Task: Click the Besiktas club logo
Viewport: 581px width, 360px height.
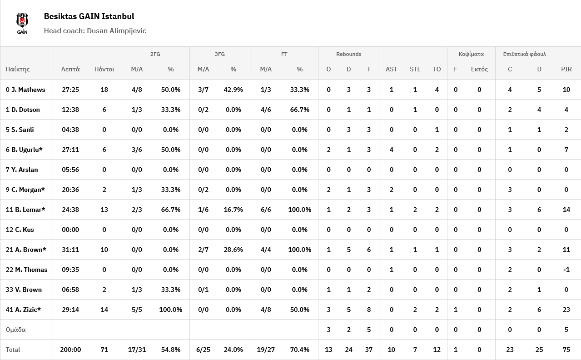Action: click(x=22, y=23)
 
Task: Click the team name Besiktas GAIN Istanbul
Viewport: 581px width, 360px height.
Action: click(x=89, y=16)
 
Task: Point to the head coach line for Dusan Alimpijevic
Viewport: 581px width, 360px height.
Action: click(x=95, y=31)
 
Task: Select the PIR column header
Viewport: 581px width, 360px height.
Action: click(x=566, y=69)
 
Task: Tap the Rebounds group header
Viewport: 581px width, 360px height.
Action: click(x=348, y=54)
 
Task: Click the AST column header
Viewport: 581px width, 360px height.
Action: click(x=391, y=69)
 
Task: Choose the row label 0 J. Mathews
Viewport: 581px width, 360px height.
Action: click(x=25, y=90)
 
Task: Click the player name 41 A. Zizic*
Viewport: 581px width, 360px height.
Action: click(x=23, y=310)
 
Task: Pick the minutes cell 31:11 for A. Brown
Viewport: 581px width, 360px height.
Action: click(x=70, y=250)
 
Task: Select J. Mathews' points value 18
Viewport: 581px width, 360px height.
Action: click(x=104, y=90)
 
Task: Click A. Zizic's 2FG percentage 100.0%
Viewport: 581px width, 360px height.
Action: click(x=170, y=310)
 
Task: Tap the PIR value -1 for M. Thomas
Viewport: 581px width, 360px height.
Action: click(x=566, y=270)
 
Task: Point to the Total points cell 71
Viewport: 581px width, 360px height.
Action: click(x=104, y=350)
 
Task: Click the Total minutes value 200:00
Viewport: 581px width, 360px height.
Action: click(x=70, y=350)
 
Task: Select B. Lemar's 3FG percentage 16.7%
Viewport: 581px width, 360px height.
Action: click(x=233, y=210)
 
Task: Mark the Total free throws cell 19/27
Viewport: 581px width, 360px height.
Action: click(x=266, y=350)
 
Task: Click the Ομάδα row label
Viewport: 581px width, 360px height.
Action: click(x=15, y=330)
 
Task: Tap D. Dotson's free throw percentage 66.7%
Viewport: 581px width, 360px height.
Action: click(x=299, y=110)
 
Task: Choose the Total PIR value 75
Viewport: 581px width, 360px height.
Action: click(x=566, y=350)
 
